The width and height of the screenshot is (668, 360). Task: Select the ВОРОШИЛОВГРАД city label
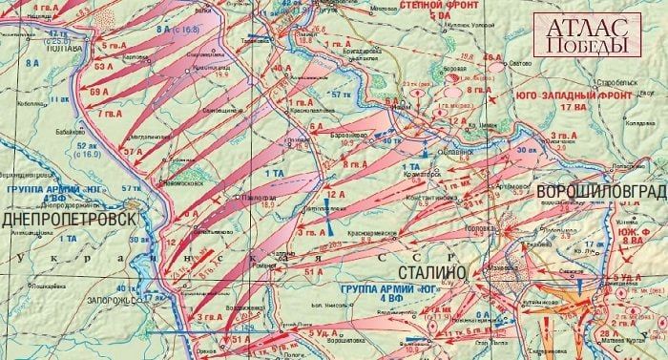click(x=600, y=192)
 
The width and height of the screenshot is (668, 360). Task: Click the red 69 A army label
click(x=100, y=92)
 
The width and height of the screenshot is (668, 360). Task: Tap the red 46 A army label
click(x=492, y=58)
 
